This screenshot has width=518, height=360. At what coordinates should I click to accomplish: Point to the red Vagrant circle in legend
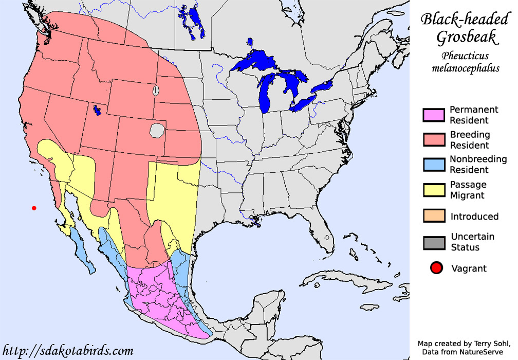coord(436,268)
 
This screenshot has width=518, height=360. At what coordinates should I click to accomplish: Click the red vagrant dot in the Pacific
coord(34,208)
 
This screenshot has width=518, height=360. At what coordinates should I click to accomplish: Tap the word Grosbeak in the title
coord(466,38)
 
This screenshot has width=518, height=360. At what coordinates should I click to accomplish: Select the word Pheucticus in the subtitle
coord(465,56)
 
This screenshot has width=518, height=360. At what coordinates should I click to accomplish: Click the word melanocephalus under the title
coord(466,68)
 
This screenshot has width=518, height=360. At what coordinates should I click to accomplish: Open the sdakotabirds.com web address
coord(68,351)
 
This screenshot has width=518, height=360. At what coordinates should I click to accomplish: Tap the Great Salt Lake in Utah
coord(97,110)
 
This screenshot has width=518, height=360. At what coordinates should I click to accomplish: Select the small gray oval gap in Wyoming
coord(156,91)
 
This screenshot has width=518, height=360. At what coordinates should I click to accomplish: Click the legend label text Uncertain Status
coord(472,242)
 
